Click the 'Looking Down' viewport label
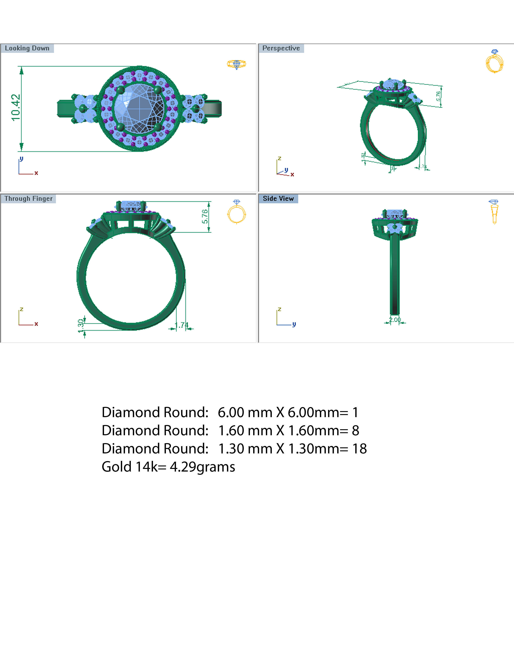[27, 48]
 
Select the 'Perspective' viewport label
[281, 48]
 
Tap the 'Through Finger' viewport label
[28, 198]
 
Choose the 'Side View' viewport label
[278, 198]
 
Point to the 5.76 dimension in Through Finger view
[205, 216]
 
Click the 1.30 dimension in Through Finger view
[81, 326]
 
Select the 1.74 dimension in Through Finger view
[182, 325]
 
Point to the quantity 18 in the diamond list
[359, 449]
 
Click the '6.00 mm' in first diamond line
[245, 412]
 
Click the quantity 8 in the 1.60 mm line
[355, 431]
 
